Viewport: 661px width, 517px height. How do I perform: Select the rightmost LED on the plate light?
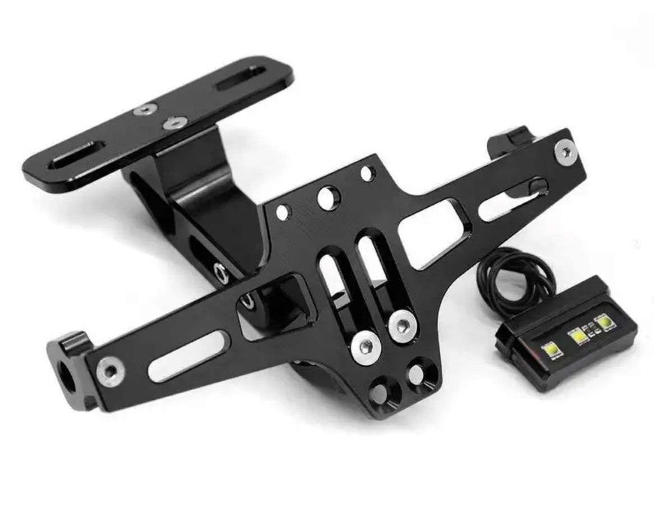(x=604, y=324)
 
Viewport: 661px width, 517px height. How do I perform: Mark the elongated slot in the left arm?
(x=191, y=356)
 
